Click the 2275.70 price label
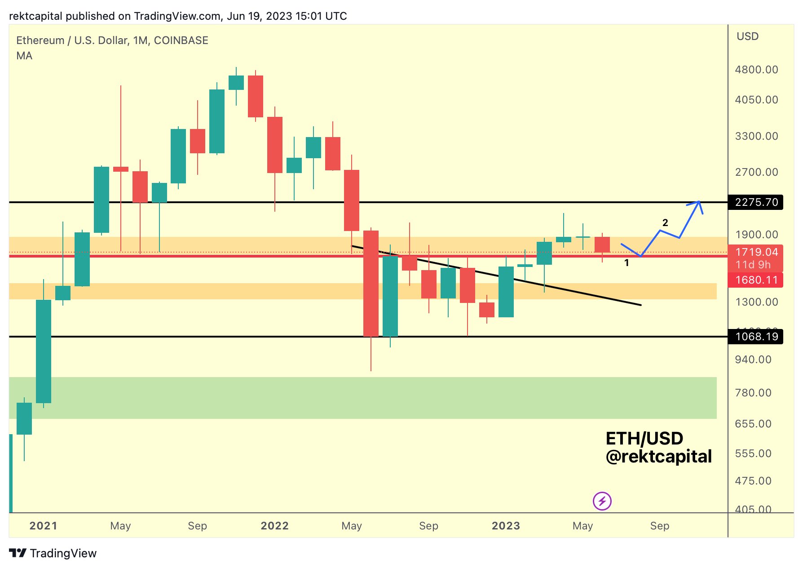[756, 202]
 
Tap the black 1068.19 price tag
[756, 337]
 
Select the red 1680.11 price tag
[756, 280]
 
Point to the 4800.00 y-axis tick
[756, 70]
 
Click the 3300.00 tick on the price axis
[756, 136]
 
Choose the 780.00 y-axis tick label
[753, 393]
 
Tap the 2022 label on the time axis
[274, 526]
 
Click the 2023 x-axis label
[506, 526]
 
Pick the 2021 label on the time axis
[43, 526]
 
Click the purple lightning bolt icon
[602, 501]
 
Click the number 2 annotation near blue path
[665, 222]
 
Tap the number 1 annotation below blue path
[627, 263]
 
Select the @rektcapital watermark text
[658, 457]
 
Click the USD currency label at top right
[747, 36]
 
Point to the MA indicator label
[24, 56]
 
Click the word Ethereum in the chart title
[40, 40]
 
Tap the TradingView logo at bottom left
[53, 553]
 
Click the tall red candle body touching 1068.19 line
[371, 283]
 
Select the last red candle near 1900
[602, 244]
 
